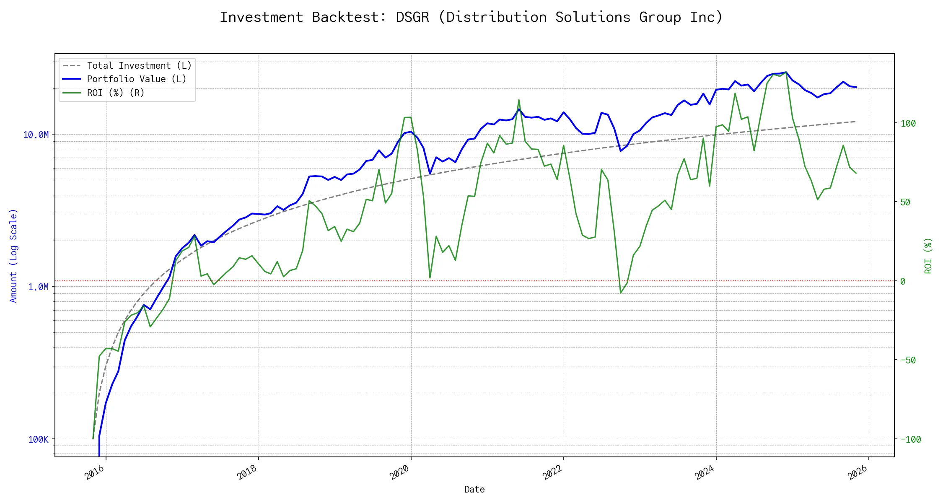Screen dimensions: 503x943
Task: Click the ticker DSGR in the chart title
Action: [412, 17]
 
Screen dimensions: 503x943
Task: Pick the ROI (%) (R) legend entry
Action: [115, 93]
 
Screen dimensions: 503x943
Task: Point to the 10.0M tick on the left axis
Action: [36, 135]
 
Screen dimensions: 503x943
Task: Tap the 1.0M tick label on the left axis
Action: [38, 287]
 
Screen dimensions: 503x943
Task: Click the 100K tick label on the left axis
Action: [38, 439]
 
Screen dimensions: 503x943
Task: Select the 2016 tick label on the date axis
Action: [95, 472]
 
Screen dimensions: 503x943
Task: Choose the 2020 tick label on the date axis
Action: [399, 472]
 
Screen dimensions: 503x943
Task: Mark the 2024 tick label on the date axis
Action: [705, 472]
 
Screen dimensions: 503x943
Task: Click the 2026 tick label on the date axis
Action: [857, 472]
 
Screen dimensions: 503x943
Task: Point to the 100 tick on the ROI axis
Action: [908, 123]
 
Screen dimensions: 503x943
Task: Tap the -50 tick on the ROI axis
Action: [908, 360]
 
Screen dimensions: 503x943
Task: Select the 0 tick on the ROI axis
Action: [903, 281]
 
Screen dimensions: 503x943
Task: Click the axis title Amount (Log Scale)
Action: [13, 256]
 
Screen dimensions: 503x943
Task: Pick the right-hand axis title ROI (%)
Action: [928, 256]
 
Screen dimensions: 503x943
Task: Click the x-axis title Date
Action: [474, 490]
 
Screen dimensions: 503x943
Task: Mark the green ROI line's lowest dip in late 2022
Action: [621, 293]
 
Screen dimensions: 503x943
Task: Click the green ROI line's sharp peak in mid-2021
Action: [519, 100]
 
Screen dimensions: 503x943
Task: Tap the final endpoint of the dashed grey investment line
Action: [856, 122]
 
